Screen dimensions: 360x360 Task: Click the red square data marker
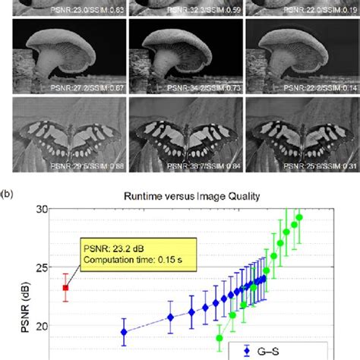click(66, 288)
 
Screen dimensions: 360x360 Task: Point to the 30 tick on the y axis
click(48, 209)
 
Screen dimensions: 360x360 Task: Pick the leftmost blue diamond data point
click(124, 332)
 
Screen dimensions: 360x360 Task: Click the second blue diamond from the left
click(170, 317)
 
